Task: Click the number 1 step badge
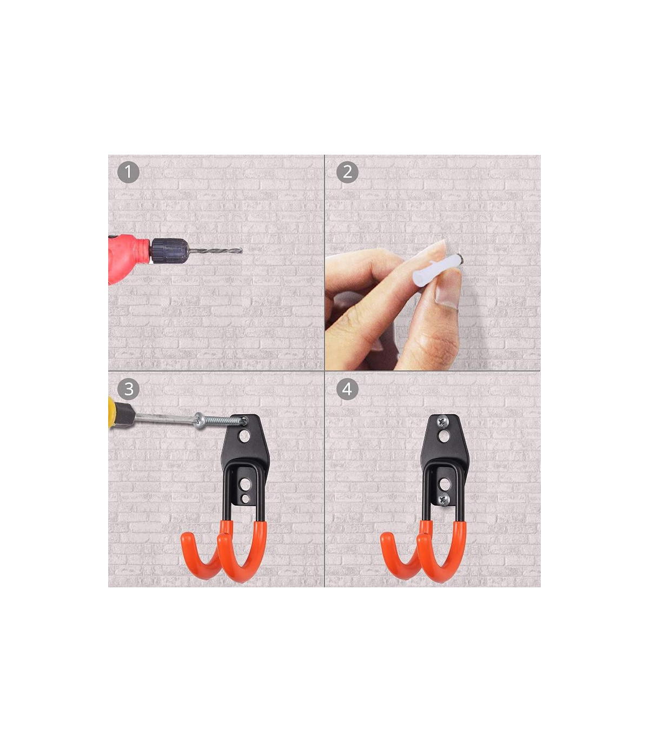(x=128, y=172)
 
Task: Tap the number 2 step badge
(x=347, y=172)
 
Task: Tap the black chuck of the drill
(x=169, y=250)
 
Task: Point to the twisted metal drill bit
(x=215, y=250)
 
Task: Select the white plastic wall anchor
(x=436, y=269)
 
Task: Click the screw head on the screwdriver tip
(x=199, y=421)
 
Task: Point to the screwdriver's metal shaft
(x=164, y=419)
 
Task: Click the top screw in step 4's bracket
(x=443, y=422)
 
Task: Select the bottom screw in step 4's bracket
(x=444, y=500)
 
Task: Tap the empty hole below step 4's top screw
(x=443, y=436)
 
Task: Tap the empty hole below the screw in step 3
(x=245, y=436)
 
